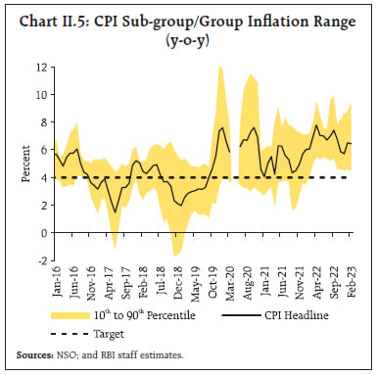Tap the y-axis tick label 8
point(41,122)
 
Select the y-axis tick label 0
point(41,232)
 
